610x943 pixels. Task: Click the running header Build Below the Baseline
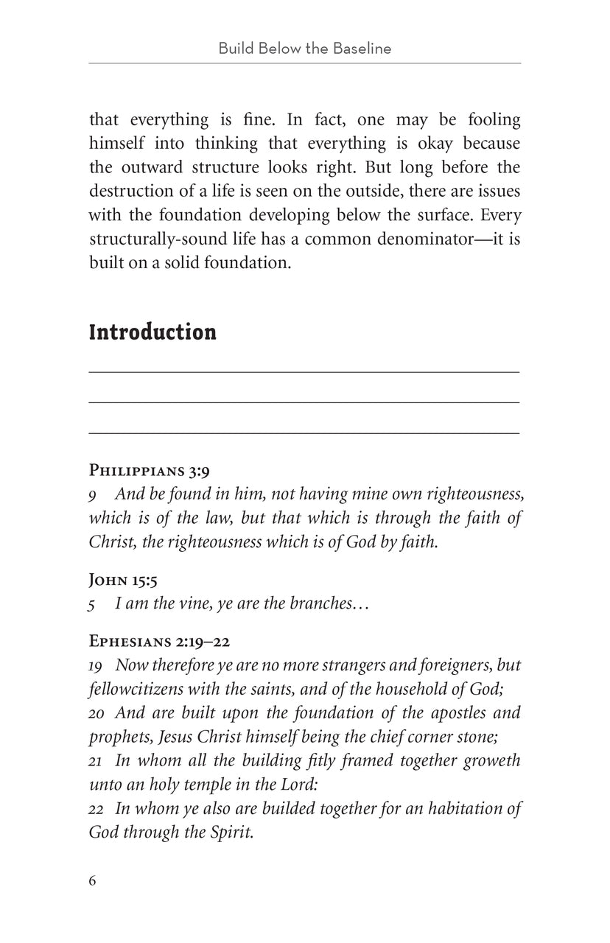click(304, 49)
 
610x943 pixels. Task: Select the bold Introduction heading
click(152, 332)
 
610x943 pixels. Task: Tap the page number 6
click(93, 881)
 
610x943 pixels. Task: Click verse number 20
click(97, 713)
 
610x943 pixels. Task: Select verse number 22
click(96, 809)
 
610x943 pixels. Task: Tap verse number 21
click(96, 761)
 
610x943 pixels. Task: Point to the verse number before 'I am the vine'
click(92, 605)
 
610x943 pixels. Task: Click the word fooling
click(490, 119)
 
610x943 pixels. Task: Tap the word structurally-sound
click(161, 239)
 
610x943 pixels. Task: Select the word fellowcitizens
click(137, 689)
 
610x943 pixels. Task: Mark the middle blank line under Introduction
click(304, 402)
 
